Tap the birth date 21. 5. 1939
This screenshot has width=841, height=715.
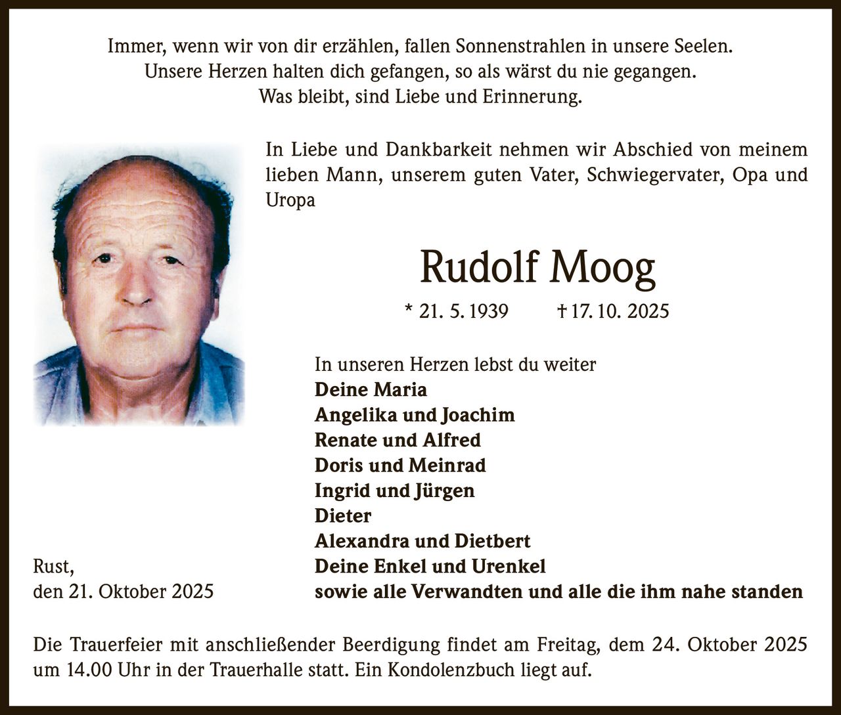coord(464,311)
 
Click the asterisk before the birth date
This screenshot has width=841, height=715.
coord(410,309)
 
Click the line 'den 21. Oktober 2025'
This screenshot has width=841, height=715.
coord(124,592)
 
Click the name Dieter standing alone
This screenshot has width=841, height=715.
coord(343,516)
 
